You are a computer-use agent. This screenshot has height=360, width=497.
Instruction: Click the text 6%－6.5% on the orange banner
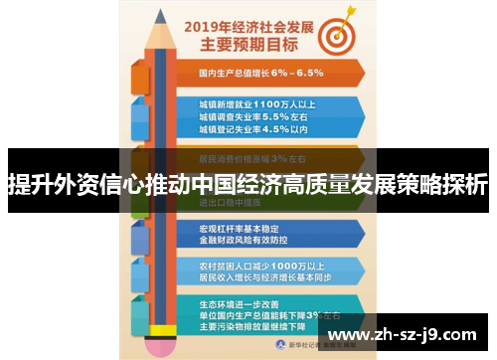tap(295, 74)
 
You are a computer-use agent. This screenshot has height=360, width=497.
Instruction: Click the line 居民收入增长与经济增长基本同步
tap(263, 276)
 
